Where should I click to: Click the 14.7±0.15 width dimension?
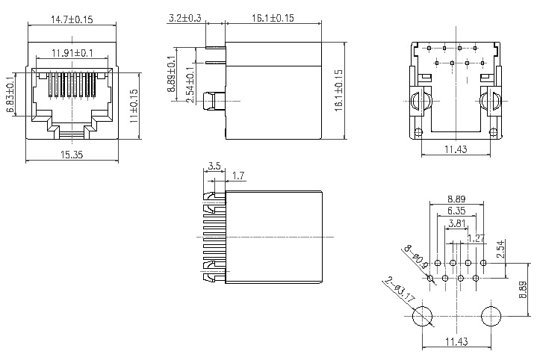coord(72,19)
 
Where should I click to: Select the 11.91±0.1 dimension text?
coord(72,53)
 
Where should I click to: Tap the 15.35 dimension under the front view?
coord(72,155)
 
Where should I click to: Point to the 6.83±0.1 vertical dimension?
coord(10,94)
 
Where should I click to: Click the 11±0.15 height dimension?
coord(134,106)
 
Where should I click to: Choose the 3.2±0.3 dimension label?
coord(185,18)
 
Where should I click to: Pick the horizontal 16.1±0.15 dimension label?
coord(273,18)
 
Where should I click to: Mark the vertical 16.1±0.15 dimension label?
coord(338,90)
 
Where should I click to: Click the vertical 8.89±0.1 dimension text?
coord(172,74)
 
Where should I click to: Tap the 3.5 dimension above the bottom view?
coord(214,166)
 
